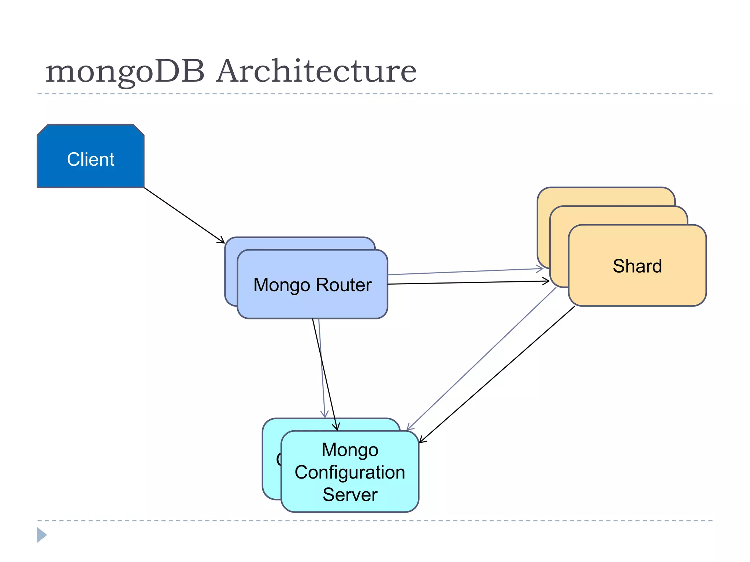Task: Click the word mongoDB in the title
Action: pyautogui.click(x=125, y=72)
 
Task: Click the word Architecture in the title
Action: pyautogui.click(x=316, y=71)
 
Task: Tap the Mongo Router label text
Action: pyautogui.click(x=312, y=285)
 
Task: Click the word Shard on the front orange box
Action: pyautogui.click(x=637, y=266)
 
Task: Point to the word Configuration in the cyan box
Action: pyautogui.click(x=350, y=472)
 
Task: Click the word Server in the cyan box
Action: pyautogui.click(x=350, y=495)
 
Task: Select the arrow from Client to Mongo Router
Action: pyautogui.click(x=183, y=215)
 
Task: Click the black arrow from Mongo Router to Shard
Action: pyautogui.click(x=469, y=282)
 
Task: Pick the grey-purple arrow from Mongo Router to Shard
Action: pyautogui.click(x=465, y=271)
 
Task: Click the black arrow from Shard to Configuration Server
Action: pyautogui.click(x=498, y=373)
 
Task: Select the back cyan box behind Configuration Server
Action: pyautogui.click(x=271, y=476)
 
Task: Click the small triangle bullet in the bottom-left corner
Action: pyautogui.click(x=41, y=535)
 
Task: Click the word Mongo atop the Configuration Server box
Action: pyautogui.click(x=350, y=450)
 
